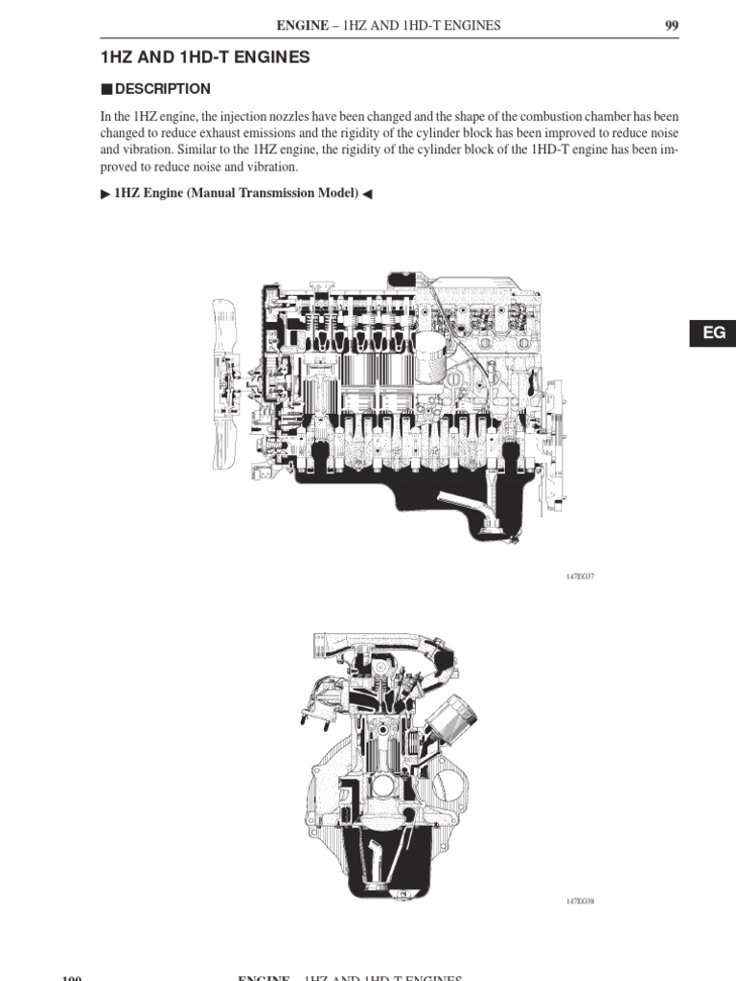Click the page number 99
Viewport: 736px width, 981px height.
coord(671,26)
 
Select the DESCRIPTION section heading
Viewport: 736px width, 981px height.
coord(163,89)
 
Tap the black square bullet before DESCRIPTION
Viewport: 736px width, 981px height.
coord(106,89)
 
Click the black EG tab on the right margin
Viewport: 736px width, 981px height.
coord(714,332)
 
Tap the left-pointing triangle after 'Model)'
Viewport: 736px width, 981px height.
coord(368,194)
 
